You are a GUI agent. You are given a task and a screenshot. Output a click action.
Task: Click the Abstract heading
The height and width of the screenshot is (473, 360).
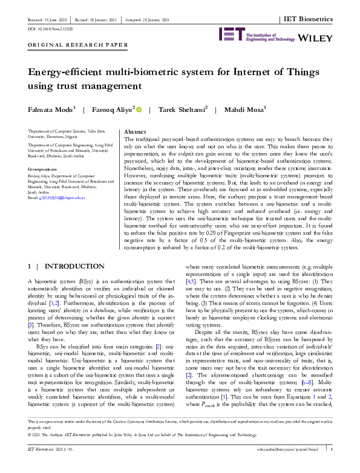(134, 131)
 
